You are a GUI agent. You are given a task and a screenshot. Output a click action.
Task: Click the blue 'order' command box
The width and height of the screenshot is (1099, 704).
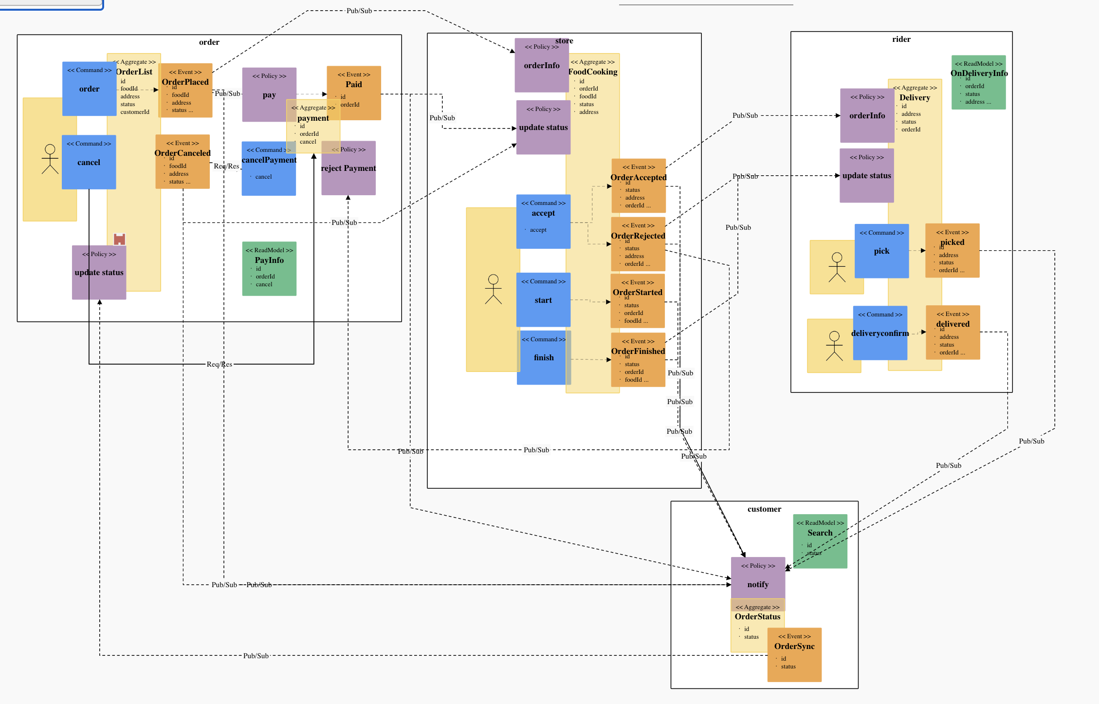89,89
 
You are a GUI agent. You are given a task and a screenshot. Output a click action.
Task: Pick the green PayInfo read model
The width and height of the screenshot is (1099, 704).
269,269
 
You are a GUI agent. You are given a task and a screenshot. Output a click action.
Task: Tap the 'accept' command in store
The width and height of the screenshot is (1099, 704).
543,222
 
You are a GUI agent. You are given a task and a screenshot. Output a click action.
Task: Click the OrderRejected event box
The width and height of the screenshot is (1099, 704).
638,244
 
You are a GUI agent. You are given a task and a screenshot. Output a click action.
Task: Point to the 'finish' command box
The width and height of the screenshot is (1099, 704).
543,358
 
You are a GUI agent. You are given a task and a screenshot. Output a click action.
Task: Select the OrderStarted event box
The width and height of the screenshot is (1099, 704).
638,301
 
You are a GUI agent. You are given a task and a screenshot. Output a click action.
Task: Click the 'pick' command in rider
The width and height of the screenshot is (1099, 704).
881,251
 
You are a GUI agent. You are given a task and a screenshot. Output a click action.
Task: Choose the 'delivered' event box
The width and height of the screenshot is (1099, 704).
952,333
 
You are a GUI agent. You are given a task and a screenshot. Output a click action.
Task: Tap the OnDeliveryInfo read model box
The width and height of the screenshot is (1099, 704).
978,82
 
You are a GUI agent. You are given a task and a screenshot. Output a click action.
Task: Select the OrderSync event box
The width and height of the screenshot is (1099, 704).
794,655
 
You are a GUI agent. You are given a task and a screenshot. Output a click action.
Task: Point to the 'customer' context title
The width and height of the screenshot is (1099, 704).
764,509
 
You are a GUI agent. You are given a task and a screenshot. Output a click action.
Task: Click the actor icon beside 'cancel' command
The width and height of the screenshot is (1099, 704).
50,159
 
